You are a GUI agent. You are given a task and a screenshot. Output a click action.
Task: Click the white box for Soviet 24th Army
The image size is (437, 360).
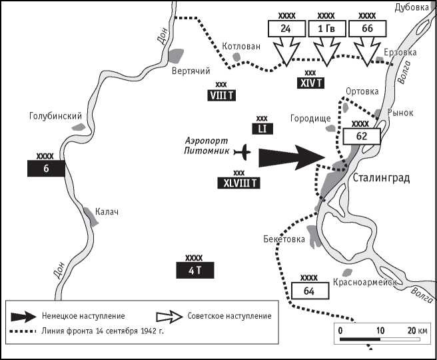(x=285, y=29)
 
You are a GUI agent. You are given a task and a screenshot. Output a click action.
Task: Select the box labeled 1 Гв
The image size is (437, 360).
(x=326, y=29)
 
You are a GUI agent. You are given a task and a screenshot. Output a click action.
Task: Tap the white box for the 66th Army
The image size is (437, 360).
(x=366, y=29)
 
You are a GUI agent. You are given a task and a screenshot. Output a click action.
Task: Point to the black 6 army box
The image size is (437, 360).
(x=46, y=169)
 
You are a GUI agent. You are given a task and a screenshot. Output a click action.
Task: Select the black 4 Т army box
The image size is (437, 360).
(x=194, y=270)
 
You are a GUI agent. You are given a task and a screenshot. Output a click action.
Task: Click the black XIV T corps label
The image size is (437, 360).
(x=310, y=83)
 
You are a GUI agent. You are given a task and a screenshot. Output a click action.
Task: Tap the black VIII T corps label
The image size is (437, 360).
(x=222, y=95)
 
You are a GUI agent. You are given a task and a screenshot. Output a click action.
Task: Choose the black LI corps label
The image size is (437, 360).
(x=262, y=129)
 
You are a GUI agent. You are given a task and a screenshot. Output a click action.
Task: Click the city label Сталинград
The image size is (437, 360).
(x=381, y=178)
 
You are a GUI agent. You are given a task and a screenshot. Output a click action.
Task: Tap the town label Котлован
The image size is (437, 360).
(x=240, y=47)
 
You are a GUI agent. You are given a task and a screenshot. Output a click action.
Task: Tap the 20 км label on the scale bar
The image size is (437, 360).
(x=417, y=330)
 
